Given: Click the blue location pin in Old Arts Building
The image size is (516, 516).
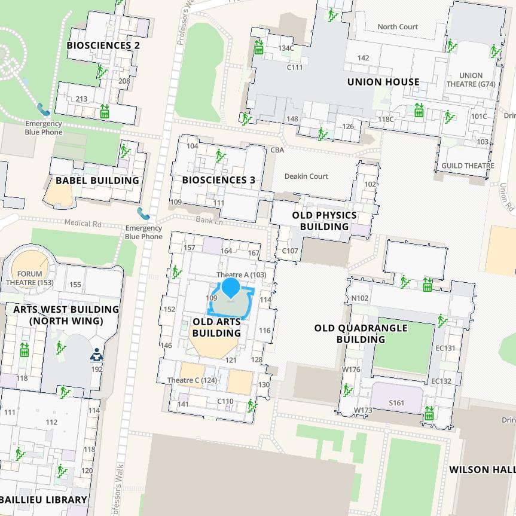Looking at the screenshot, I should coord(231,288).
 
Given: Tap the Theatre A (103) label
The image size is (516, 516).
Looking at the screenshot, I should coord(241,275).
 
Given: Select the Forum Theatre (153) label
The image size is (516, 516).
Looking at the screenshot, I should coord(29,278).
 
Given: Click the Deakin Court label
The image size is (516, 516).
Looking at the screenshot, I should coord(306,176).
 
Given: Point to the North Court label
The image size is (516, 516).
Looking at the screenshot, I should coord(398,27).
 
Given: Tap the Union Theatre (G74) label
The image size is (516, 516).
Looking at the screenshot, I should coord(471,80).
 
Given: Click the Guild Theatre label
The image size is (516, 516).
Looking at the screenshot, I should coord(468,166).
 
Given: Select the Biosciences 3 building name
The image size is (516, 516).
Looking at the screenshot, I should coord(218,180).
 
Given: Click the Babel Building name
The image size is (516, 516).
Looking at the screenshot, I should coord(97,181).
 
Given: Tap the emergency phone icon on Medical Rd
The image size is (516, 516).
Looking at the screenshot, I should coord(143,213).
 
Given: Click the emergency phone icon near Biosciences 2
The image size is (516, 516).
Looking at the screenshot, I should coord(43,109).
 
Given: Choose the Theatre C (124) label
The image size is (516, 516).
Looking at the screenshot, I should coord(192,380).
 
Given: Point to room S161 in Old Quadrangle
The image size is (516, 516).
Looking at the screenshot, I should coord(396,403).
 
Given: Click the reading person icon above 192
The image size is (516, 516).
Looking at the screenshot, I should coord(96,355).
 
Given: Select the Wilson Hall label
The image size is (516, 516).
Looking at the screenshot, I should coord(482,469).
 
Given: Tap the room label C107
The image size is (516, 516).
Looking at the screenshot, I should coord(289,251).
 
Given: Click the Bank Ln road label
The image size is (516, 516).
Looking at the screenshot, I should coord(209,220).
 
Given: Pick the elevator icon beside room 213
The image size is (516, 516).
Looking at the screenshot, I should coord(104,111).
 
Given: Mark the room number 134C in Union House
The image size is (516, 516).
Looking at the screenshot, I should coord(285,48).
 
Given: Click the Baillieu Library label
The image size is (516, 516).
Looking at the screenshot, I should coord(43,499).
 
